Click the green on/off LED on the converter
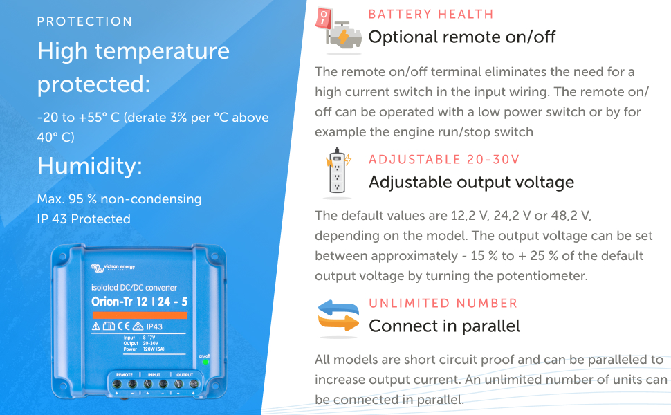(205, 362)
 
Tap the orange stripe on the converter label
(139, 315)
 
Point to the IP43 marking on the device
(154, 326)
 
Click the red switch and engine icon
(337, 30)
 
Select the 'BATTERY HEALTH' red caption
(431, 14)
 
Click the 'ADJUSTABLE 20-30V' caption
(444, 160)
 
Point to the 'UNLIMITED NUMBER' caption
(443, 303)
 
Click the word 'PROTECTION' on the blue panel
(84, 21)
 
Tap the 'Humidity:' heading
(90, 166)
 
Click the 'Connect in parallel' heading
(444, 326)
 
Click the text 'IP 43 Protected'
(84, 219)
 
